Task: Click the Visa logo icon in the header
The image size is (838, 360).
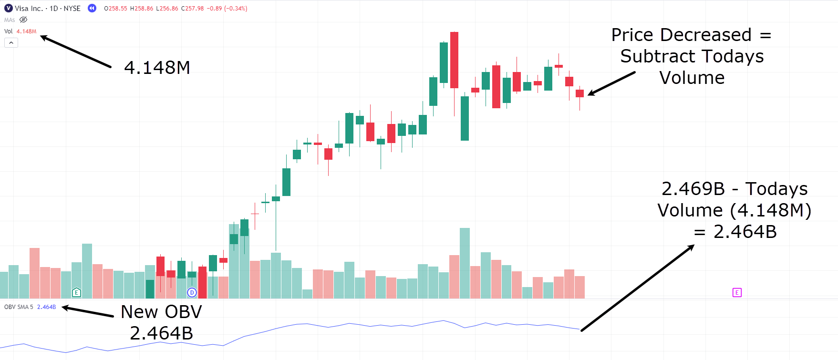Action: tap(8, 8)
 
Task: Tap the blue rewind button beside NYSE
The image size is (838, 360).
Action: tap(92, 8)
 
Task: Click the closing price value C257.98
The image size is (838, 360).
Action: tap(192, 9)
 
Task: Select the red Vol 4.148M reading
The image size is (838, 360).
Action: tap(26, 31)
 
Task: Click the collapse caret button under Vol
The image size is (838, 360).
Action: tap(11, 43)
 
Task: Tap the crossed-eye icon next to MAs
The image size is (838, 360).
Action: tap(23, 20)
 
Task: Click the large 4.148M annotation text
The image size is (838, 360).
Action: tap(157, 68)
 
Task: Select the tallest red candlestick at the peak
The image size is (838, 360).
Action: tap(454, 60)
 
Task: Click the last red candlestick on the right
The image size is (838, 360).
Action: tap(579, 93)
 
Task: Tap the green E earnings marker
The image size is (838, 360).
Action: tap(76, 292)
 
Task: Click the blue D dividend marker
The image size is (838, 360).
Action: tap(192, 292)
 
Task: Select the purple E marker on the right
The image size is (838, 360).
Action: tap(737, 292)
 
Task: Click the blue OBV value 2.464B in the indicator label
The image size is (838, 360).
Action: tap(46, 307)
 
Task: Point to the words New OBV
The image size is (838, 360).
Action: tap(161, 312)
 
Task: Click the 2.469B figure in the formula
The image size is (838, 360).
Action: tap(693, 189)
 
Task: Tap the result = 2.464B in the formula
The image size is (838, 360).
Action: tap(735, 232)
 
